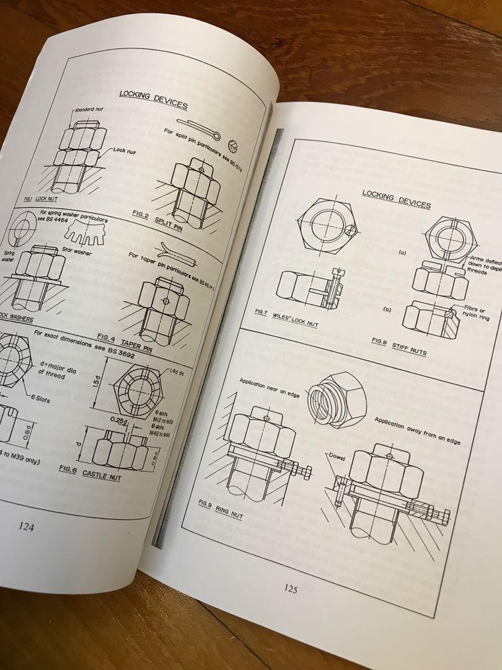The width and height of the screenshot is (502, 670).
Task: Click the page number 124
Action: (x=26, y=527)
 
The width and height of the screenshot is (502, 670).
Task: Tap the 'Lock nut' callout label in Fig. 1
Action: (x=126, y=150)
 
